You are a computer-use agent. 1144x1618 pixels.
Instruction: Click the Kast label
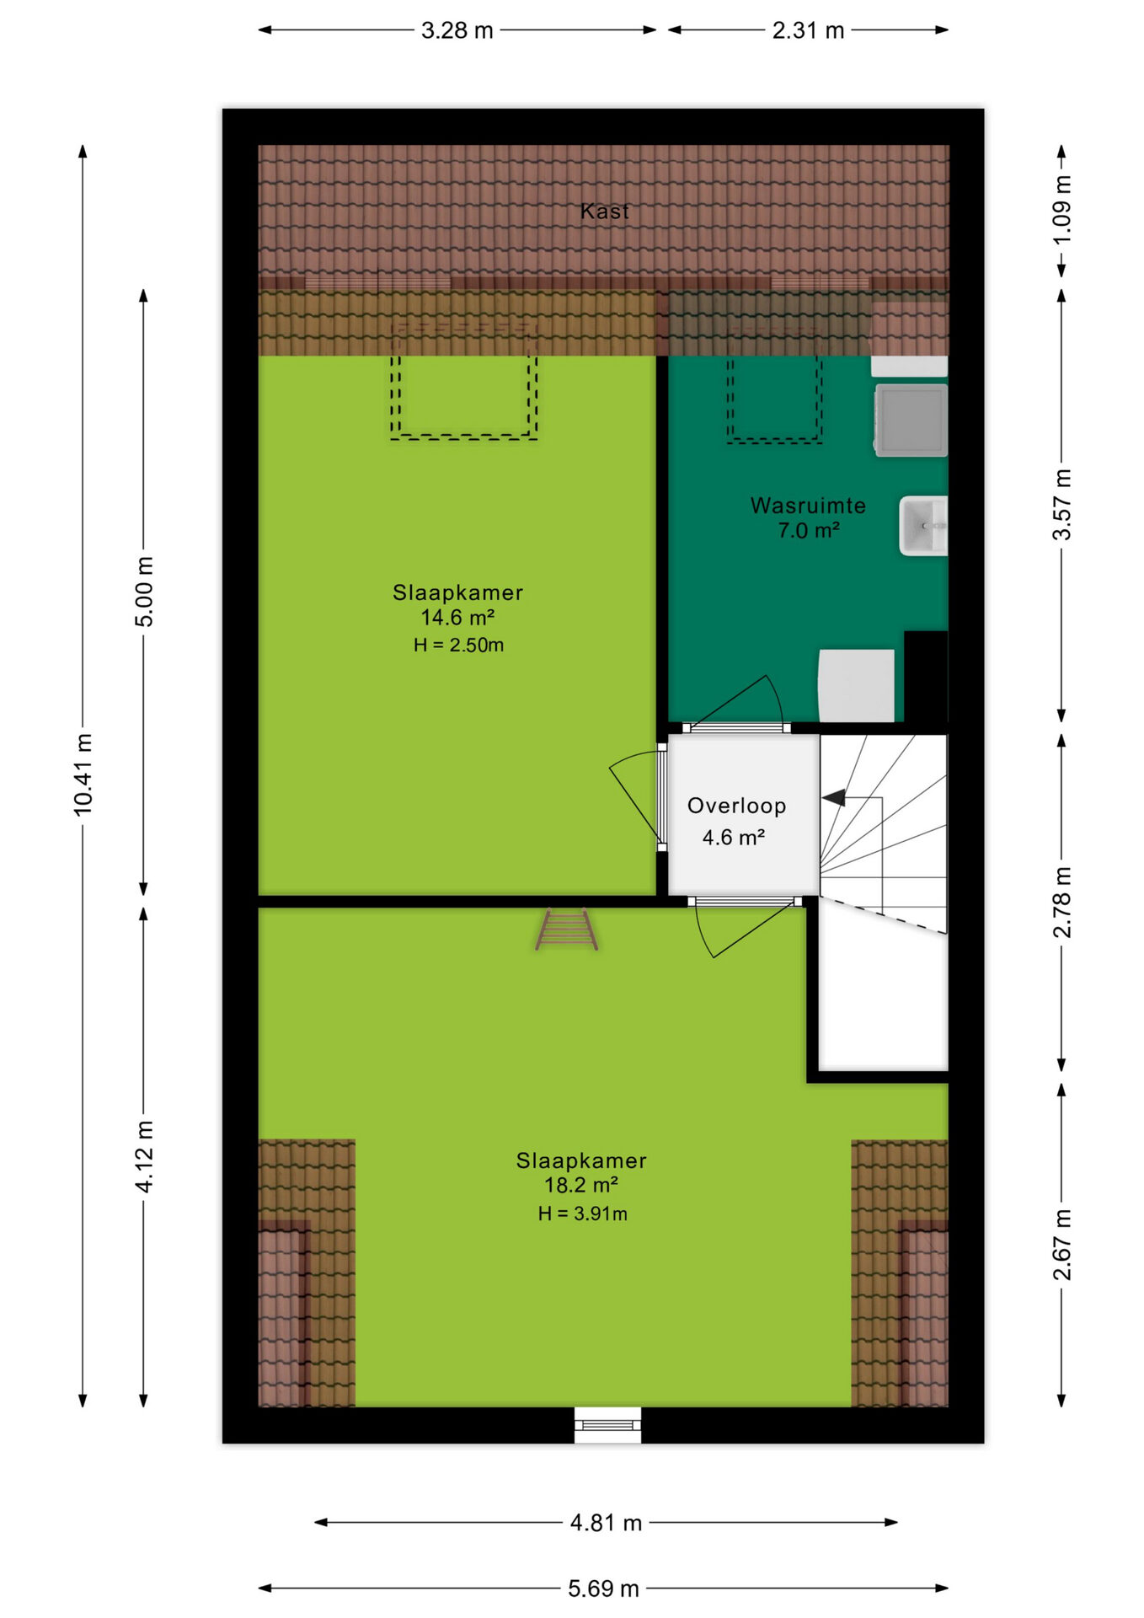(604, 211)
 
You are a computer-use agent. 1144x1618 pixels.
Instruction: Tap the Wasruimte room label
(808, 506)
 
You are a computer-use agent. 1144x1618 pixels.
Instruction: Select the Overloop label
(736, 806)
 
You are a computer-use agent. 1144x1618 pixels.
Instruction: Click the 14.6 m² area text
(457, 618)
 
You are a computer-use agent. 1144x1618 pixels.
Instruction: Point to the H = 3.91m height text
(582, 1213)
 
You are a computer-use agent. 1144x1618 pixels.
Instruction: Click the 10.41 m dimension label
(83, 774)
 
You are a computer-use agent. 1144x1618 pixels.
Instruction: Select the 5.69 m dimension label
(603, 1589)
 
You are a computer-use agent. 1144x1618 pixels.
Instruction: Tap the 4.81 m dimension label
(606, 1523)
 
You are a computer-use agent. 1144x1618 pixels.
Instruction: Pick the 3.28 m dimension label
(457, 30)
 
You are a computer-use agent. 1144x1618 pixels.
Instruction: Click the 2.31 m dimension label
(808, 30)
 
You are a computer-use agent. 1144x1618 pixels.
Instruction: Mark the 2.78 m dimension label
(1062, 902)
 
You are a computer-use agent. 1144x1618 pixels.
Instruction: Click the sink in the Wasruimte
(923, 526)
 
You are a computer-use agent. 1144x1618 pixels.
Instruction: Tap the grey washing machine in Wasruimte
(911, 420)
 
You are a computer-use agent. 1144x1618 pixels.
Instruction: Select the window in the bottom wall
(607, 1425)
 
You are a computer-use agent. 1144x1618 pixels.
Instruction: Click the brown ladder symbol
(566, 930)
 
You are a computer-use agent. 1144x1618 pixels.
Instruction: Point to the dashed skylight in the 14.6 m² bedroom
(463, 380)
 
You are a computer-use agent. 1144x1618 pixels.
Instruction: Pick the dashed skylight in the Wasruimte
(774, 386)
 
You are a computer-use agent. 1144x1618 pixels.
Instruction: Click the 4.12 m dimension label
(145, 1156)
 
